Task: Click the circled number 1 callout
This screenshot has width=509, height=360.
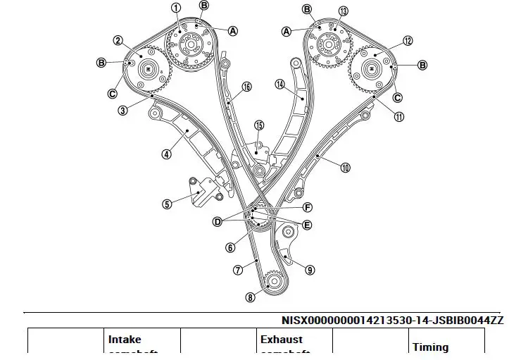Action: [176, 8]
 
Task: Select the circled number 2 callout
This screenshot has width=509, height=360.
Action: [118, 41]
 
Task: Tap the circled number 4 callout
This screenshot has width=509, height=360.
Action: [166, 154]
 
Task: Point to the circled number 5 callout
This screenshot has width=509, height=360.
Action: [167, 204]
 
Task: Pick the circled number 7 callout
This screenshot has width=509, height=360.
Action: [238, 269]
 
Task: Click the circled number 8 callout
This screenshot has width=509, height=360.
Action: [250, 297]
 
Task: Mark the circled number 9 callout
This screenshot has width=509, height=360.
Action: [310, 268]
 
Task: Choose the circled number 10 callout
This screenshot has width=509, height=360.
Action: [345, 168]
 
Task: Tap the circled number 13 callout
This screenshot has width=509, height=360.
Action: [343, 11]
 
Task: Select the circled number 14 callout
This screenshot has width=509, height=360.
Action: [279, 85]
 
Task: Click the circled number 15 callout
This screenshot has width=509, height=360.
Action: [259, 125]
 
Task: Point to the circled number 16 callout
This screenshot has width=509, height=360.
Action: [246, 87]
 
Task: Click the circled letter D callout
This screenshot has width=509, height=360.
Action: [218, 221]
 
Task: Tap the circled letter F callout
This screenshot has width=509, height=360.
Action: [308, 207]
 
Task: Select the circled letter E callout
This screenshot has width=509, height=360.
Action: [307, 225]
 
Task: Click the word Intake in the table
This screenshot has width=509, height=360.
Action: [125, 339]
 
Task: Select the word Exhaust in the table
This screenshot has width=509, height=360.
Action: [281, 339]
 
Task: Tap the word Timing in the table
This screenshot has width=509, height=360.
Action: [430, 347]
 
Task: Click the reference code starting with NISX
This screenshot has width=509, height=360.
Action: [392, 320]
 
